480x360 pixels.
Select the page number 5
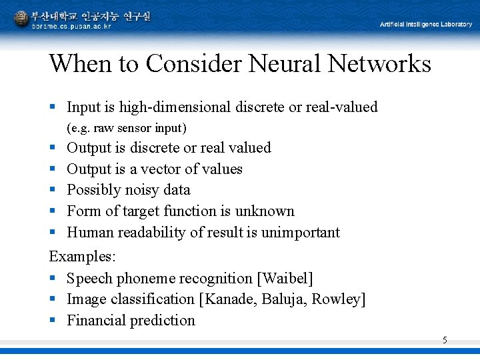tap(445, 341)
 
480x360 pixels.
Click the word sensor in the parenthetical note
tap(135, 127)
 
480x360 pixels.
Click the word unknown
tap(265, 211)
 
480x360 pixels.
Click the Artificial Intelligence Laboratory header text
tap(425, 24)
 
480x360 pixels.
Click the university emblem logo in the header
tap(21, 19)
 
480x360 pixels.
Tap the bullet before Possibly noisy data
tap(53, 191)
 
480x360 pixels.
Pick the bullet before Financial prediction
tap(53, 321)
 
